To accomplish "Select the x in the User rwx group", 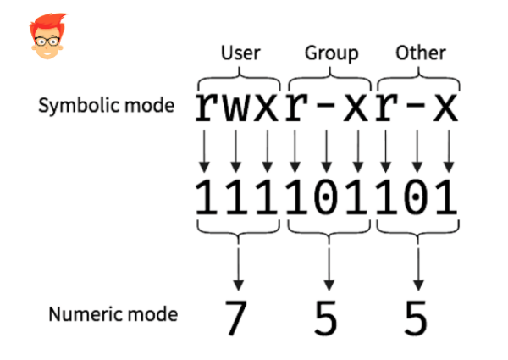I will coord(268,108).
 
